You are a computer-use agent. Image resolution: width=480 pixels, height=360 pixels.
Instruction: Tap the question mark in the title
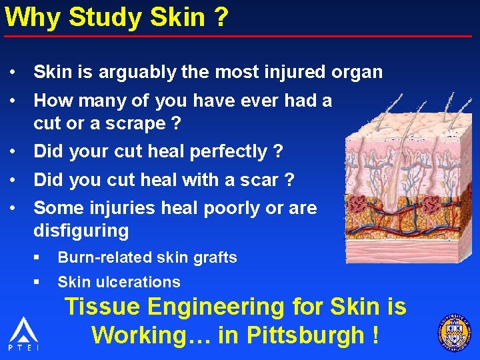pos(221,17)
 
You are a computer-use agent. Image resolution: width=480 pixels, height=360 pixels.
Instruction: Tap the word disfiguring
pos(81,231)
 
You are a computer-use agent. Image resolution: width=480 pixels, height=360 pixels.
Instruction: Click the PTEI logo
pos(23,334)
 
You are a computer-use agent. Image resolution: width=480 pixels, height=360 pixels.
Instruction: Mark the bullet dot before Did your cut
pos(13,151)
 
